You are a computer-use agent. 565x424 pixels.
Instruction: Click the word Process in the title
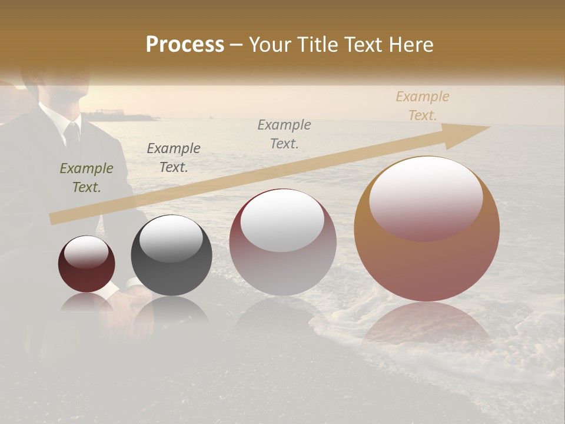(x=185, y=45)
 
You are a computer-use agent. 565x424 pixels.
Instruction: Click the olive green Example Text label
(x=86, y=178)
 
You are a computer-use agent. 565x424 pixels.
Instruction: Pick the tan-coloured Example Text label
(x=422, y=106)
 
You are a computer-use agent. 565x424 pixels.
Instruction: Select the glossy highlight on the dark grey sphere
(x=171, y=238)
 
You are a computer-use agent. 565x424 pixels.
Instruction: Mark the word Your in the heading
(x=271, y=45)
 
